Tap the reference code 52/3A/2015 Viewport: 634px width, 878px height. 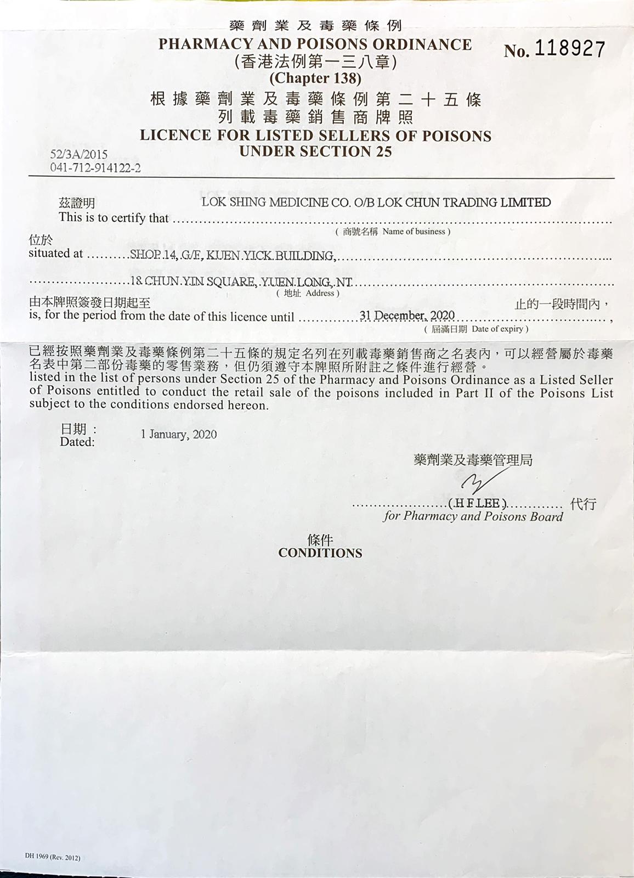[79, 155]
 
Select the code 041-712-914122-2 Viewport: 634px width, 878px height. [95, 168]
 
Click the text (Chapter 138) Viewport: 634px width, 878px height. [315, 79]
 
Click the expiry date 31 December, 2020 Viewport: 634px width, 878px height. [407, 315]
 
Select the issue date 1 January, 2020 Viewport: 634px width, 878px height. [179, 435]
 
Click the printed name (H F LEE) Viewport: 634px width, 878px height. [477, 504]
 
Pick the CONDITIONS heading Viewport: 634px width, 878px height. [320, 553]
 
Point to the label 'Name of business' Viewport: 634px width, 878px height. [416, 232]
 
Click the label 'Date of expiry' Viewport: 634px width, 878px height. [500, 329]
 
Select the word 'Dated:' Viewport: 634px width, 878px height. [77, 442]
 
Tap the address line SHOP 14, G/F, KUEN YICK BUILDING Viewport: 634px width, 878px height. [233, 256]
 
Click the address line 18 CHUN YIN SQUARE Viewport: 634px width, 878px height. [241, 283]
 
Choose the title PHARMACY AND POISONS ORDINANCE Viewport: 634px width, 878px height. [315, 44]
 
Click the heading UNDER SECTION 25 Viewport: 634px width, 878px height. [315, 151]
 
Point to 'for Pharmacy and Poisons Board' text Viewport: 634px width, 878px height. [473, 516]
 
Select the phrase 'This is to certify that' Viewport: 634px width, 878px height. [114, 218]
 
